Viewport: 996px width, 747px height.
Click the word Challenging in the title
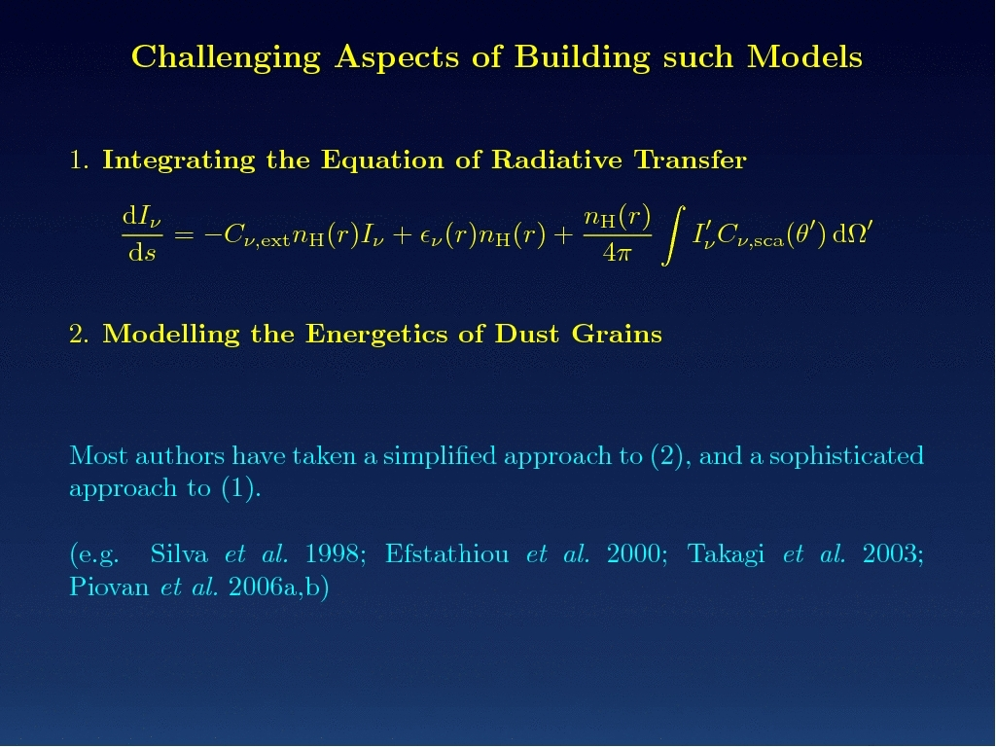coord(226,58)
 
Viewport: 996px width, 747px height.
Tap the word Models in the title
coord(804,57)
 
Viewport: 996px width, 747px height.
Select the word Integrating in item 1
coord(179,160)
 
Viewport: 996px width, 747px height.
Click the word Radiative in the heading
coord(556,160)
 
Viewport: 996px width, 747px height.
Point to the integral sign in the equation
coord(673,235)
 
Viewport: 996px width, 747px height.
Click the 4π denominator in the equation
coord(617,254)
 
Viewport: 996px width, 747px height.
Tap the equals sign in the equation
coord(184,235)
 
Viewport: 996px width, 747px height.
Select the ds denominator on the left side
coord(142,254)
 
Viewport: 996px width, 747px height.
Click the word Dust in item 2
coord(526,335)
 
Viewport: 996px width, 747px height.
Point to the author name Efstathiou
coord(447,553)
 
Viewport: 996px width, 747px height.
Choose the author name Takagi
coord(726,553)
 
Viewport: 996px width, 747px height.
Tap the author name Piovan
coord(109,587)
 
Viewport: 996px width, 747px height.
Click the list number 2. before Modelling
coord(79,335)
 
